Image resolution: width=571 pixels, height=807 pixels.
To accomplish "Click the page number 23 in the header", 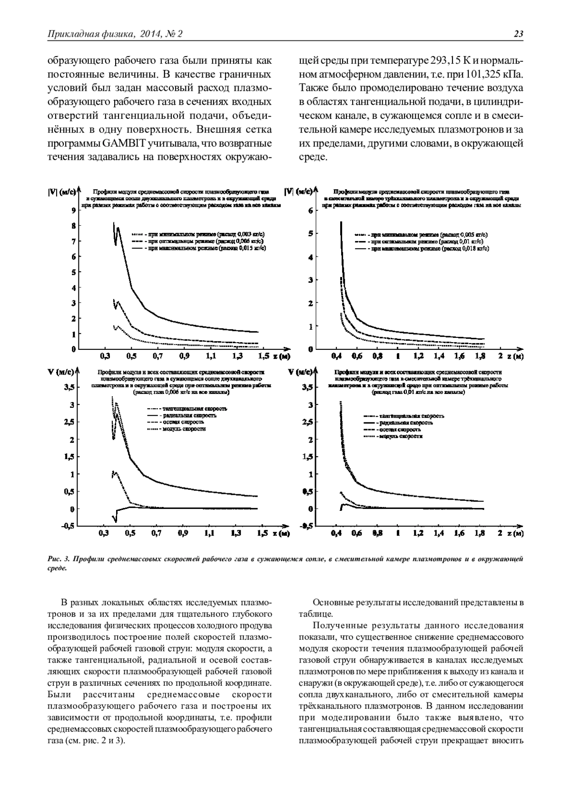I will (518, 34).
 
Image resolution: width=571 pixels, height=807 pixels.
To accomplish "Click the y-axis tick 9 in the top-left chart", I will (73, 211).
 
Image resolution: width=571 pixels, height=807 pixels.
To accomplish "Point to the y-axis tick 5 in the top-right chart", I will (310, 234).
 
